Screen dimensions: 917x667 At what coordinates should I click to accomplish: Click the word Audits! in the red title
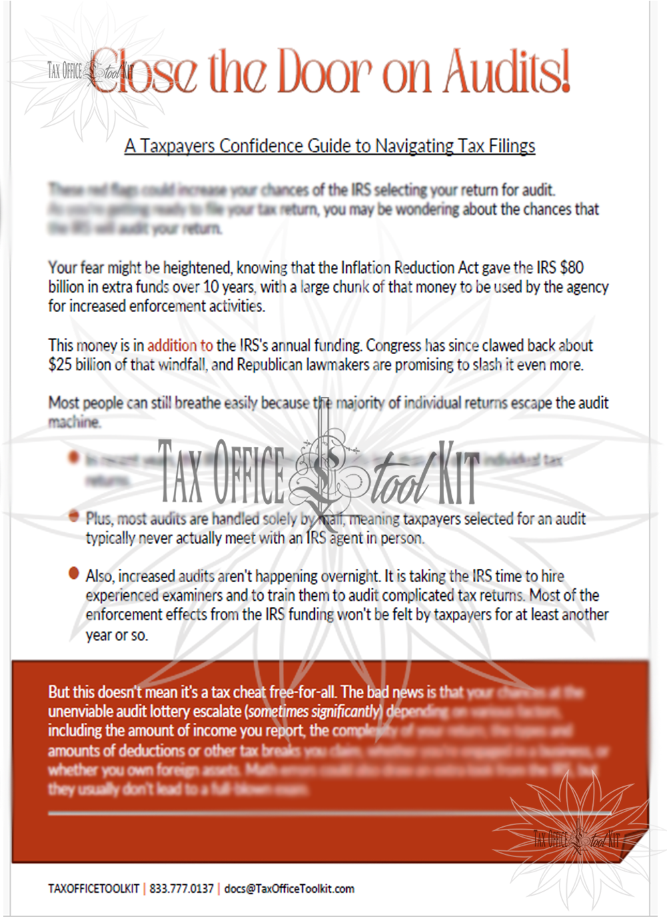[507, 71]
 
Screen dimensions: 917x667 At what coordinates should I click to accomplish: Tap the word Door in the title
[325, 71]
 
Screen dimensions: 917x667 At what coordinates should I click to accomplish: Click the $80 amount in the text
[572, 268]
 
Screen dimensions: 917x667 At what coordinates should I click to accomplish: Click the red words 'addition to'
[180, 345]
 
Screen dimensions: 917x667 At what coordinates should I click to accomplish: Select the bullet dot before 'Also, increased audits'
[73, 574]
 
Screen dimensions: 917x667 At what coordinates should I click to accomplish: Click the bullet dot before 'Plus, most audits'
[73, 516]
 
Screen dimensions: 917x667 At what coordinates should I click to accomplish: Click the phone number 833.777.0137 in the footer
[181, 888]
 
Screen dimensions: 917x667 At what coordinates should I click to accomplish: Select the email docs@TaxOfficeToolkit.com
[289, 888]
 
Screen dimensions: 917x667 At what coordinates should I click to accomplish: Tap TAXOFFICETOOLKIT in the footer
[93, 888]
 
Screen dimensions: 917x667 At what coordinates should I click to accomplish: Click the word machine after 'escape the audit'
[75, 422]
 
